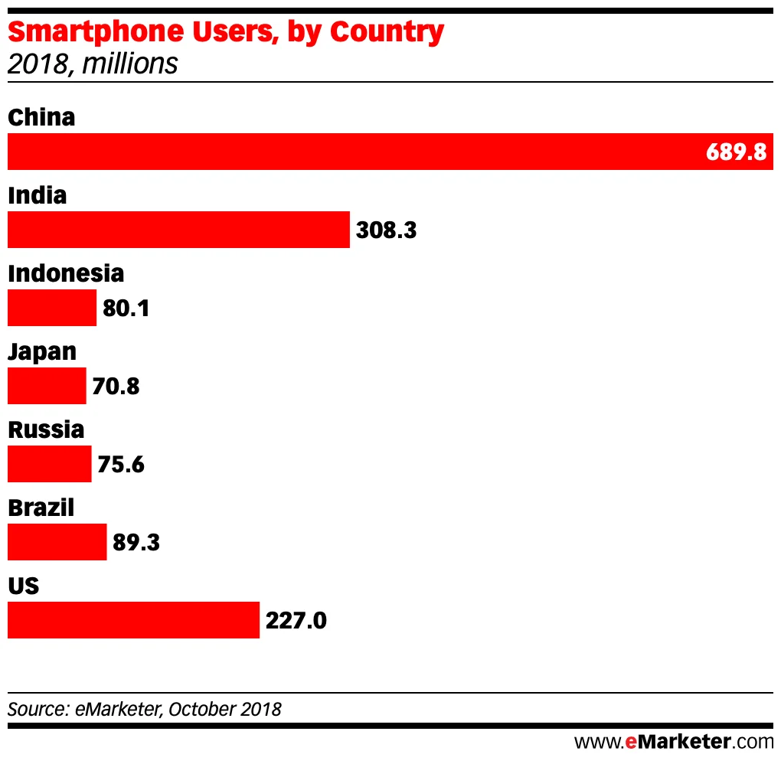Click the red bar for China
352,152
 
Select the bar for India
178,230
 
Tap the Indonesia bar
52,308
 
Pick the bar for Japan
47,386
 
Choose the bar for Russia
49,464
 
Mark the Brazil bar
57,542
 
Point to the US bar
133,620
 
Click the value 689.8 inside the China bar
736,152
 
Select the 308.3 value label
387,230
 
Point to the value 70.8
116,386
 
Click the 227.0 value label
296,620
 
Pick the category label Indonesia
66,273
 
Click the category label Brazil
41,507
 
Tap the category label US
24,586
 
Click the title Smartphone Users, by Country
226,32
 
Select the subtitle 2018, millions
93,64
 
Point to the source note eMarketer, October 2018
145,709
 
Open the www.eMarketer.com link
674,741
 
